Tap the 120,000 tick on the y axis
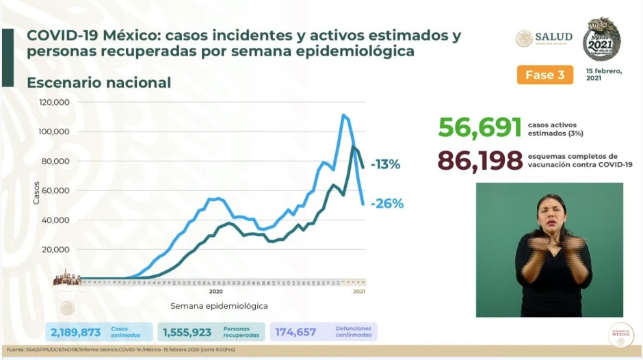point(54,102)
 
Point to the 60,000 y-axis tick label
point(56,190)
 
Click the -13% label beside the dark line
point(385,164)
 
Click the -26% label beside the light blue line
point(387,203)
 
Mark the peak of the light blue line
point(343,115)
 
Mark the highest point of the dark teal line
point(353,146)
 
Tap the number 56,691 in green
point(480,127)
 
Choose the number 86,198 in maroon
point(480,162)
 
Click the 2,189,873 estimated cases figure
point(76,332)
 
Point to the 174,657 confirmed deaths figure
point(296,332)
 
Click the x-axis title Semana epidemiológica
point(219,306)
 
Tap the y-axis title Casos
point(36,193)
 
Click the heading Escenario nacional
point(99,83)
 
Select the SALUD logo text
point(553,37)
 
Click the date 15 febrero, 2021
point(604,74)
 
